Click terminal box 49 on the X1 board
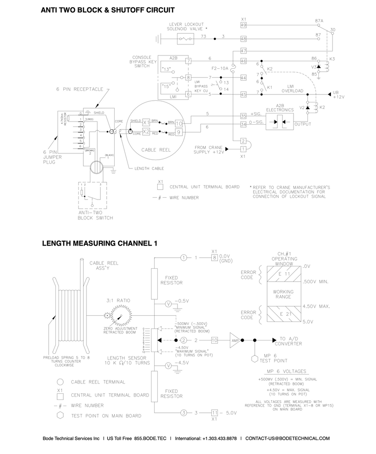pyautogui.click(x=243, y=25)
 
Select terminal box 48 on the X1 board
pyautogui.click(x=243, y=39)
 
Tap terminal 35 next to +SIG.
pyautogui.click(x=243, y=116)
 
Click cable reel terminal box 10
pyautogui.click(x=178, y=123)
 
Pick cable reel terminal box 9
pyautogui.click(x=178, y=132)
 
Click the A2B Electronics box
pyautogui.click(x=279, y=121)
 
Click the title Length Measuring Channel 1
pyautogui.click(x=100, y=243)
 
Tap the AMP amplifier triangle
pyautogui.click(x=235, y=340)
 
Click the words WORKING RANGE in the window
pyautogui.click(x=283, y=294)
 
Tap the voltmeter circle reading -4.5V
pyautogui.click(x=168, y=365)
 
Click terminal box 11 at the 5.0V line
pyautogui.click(x=215, y=413)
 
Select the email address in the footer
pyautogui.click(x=287, y=438)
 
